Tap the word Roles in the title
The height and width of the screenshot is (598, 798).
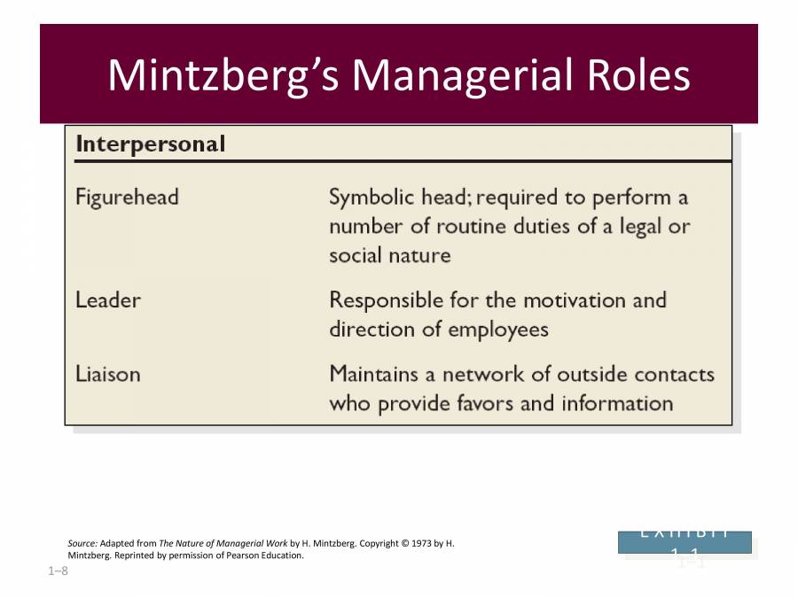coord(638,75)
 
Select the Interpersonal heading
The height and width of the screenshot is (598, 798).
coord(150,144)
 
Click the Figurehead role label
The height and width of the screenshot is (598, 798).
coord(127,197)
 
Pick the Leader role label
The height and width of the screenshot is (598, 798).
coord(107,300)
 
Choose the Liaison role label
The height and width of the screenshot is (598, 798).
coord(107,374)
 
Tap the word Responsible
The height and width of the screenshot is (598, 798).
coord(387,300)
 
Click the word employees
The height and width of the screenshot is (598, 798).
coord(498,330)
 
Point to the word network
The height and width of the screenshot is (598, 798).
coord(501,374)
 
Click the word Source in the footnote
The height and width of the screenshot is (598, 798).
coord(82,543)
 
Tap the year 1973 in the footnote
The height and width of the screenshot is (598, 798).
coord(419,543)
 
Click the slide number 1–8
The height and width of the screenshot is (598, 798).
coord(58,571)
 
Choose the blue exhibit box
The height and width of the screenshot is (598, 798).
coord(685,542)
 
